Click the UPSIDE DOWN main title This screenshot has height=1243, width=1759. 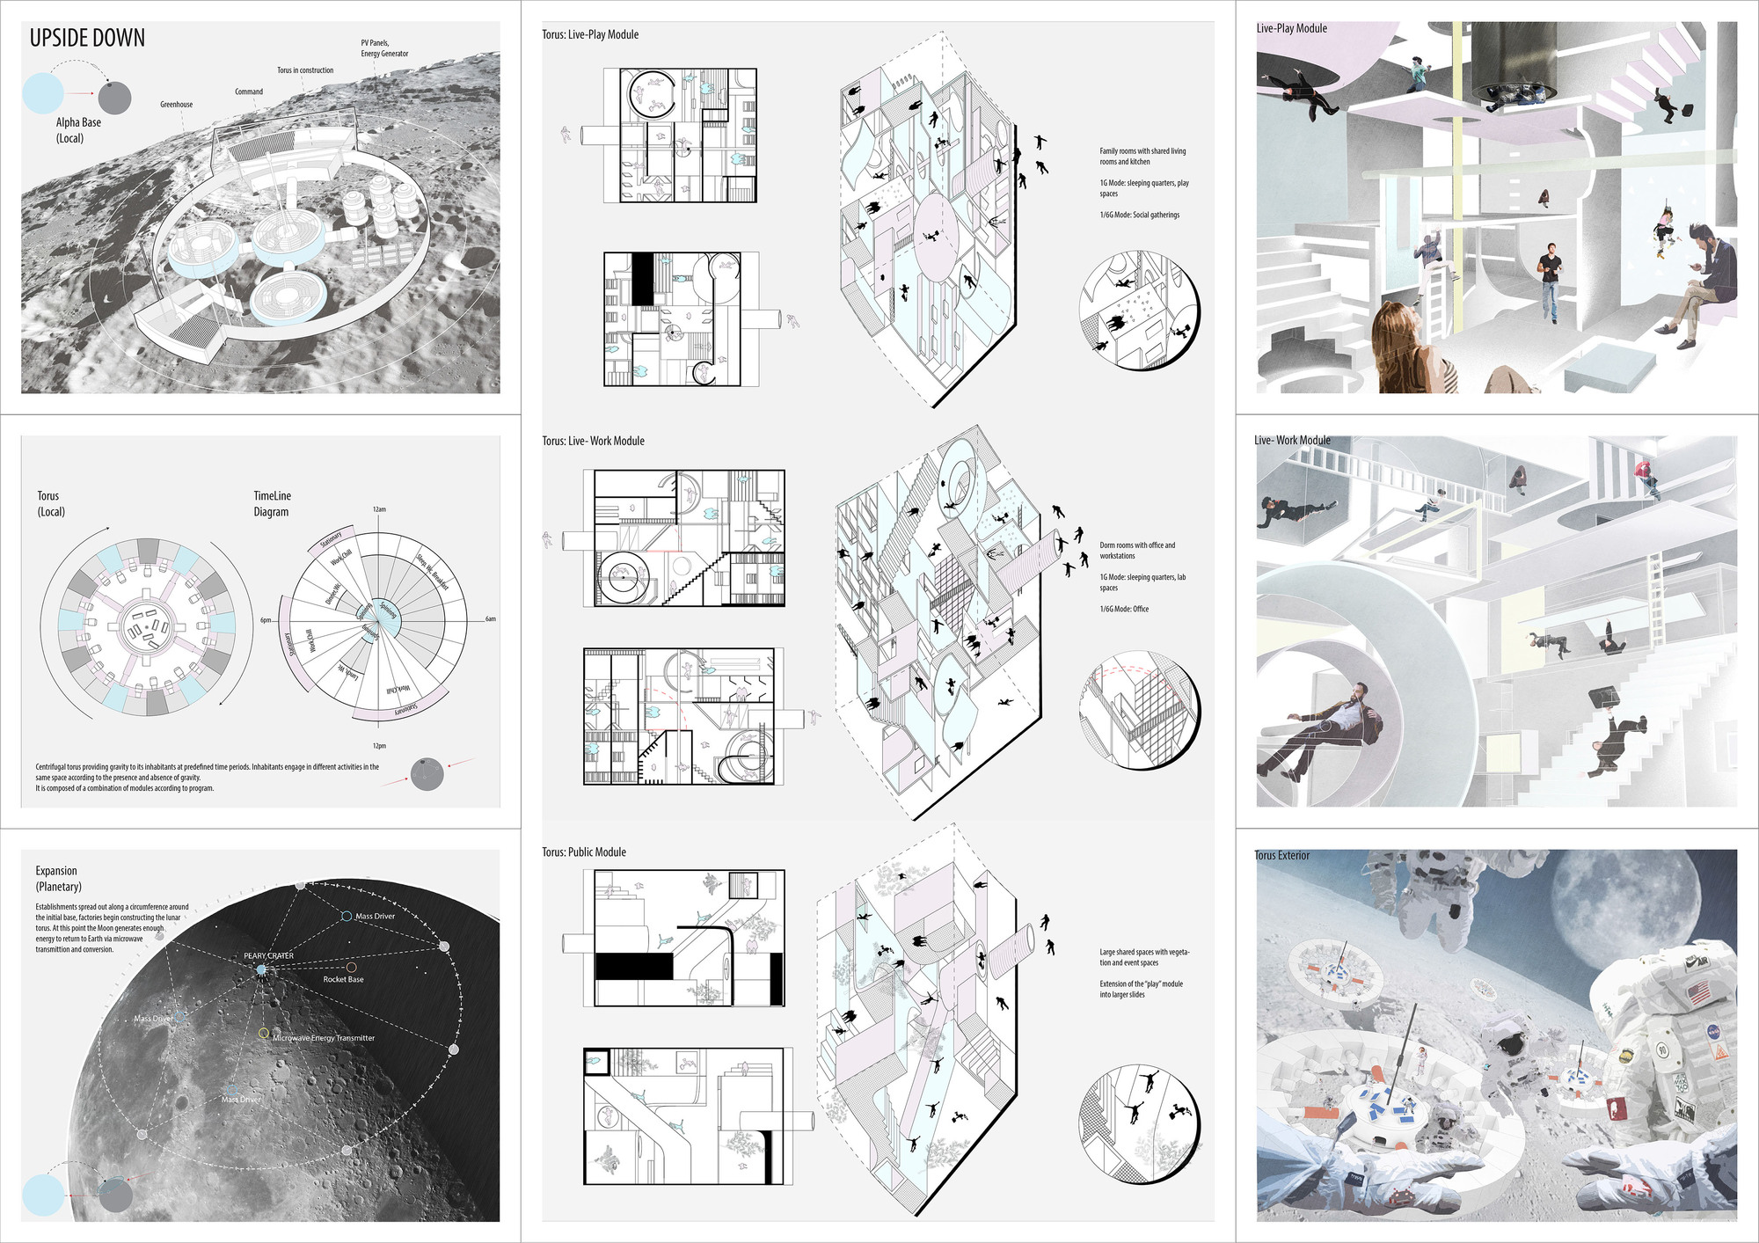coord(87,39)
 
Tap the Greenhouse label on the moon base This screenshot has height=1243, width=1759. coord(176,105)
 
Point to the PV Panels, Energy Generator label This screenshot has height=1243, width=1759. coord(384,48)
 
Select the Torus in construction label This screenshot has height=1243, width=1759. coord(305,70)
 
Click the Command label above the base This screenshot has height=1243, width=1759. coord(249,91)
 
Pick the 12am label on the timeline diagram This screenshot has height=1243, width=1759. coord(379,509)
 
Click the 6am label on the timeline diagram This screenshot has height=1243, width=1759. coord(491,619)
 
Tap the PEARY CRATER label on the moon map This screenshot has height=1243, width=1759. coord(268,955)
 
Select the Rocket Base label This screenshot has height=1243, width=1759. coord(343,979)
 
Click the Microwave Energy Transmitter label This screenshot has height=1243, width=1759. coord(324,1038)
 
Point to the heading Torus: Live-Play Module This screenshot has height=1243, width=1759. coord(590,35)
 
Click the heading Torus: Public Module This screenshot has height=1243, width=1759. coord(584,852)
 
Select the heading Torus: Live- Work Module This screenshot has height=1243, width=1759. coord(593,441)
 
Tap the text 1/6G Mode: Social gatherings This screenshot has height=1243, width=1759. coord(1139,215)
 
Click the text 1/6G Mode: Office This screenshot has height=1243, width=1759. coord(1124,609)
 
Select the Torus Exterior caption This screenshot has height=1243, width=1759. coord(1281,855)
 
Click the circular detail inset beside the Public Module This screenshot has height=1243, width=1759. coord(1139,1123)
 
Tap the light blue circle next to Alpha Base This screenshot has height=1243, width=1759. coord(42,93)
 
